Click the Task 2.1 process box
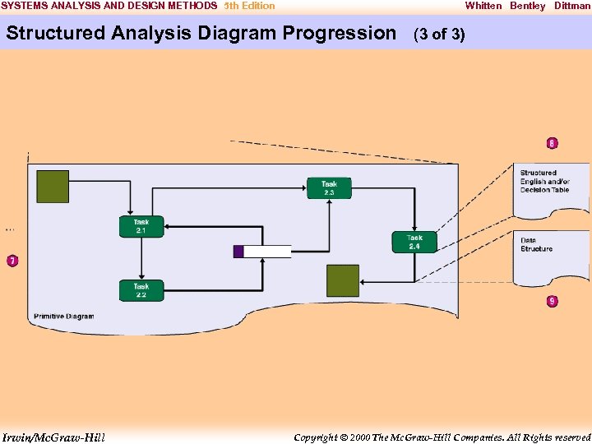pyautogui.click(x=141, y=227)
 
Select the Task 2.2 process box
pyautogui.click(x=141, y=290)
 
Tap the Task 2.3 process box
pyautogui.click(x=329, y=188)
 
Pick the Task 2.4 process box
pyautogui.click(x=414, y=242)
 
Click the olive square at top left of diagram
pyautogui.click(x=53, y=187)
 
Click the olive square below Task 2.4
pyautogui.click(x=343, y=280)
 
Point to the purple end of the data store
pyautogui.click(x=238, y=252)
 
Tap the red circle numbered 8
pyautogui.click(x=552, y=144)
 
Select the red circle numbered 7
pyautogui.click(x=12, y=261)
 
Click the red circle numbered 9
pyautogui.click(x=552, y=301)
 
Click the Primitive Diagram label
pyautogui.click(x=64, y=317)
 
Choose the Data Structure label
pyautogui.click(x=536, y=245)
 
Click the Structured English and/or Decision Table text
pyautogui.click(x=544, y=182)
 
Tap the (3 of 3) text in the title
pyautogui.click(x=439, y=35)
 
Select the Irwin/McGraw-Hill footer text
pyautogui.click(x=53, y=437)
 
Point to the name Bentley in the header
pyautogui.click(x=527, y=6)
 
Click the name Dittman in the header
pyautogui.click(x=572, y=6)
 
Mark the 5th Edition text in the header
pyautogui.click(x=250, y=6)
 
